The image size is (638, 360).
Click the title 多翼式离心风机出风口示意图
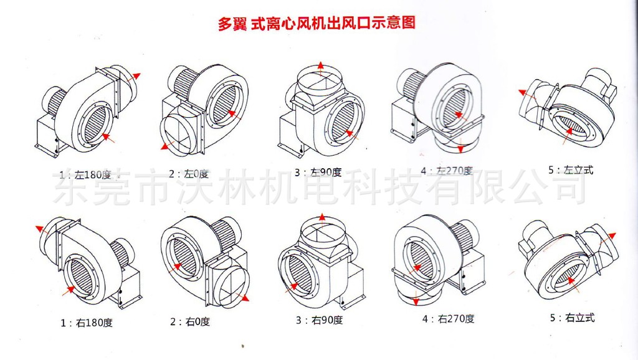(316, 24)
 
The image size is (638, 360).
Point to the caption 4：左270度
(446, 170)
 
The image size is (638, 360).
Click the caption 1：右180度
(87, 323)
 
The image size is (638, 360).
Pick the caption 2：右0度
(190, 322)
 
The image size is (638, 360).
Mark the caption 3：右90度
(319, 321)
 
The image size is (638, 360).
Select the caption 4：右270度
(448, 319)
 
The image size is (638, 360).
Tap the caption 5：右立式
(572, 318)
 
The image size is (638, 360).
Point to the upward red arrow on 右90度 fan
(321, 219)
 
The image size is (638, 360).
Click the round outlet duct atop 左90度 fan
(321, 81)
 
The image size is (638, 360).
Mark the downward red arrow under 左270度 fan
(460, 148)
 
